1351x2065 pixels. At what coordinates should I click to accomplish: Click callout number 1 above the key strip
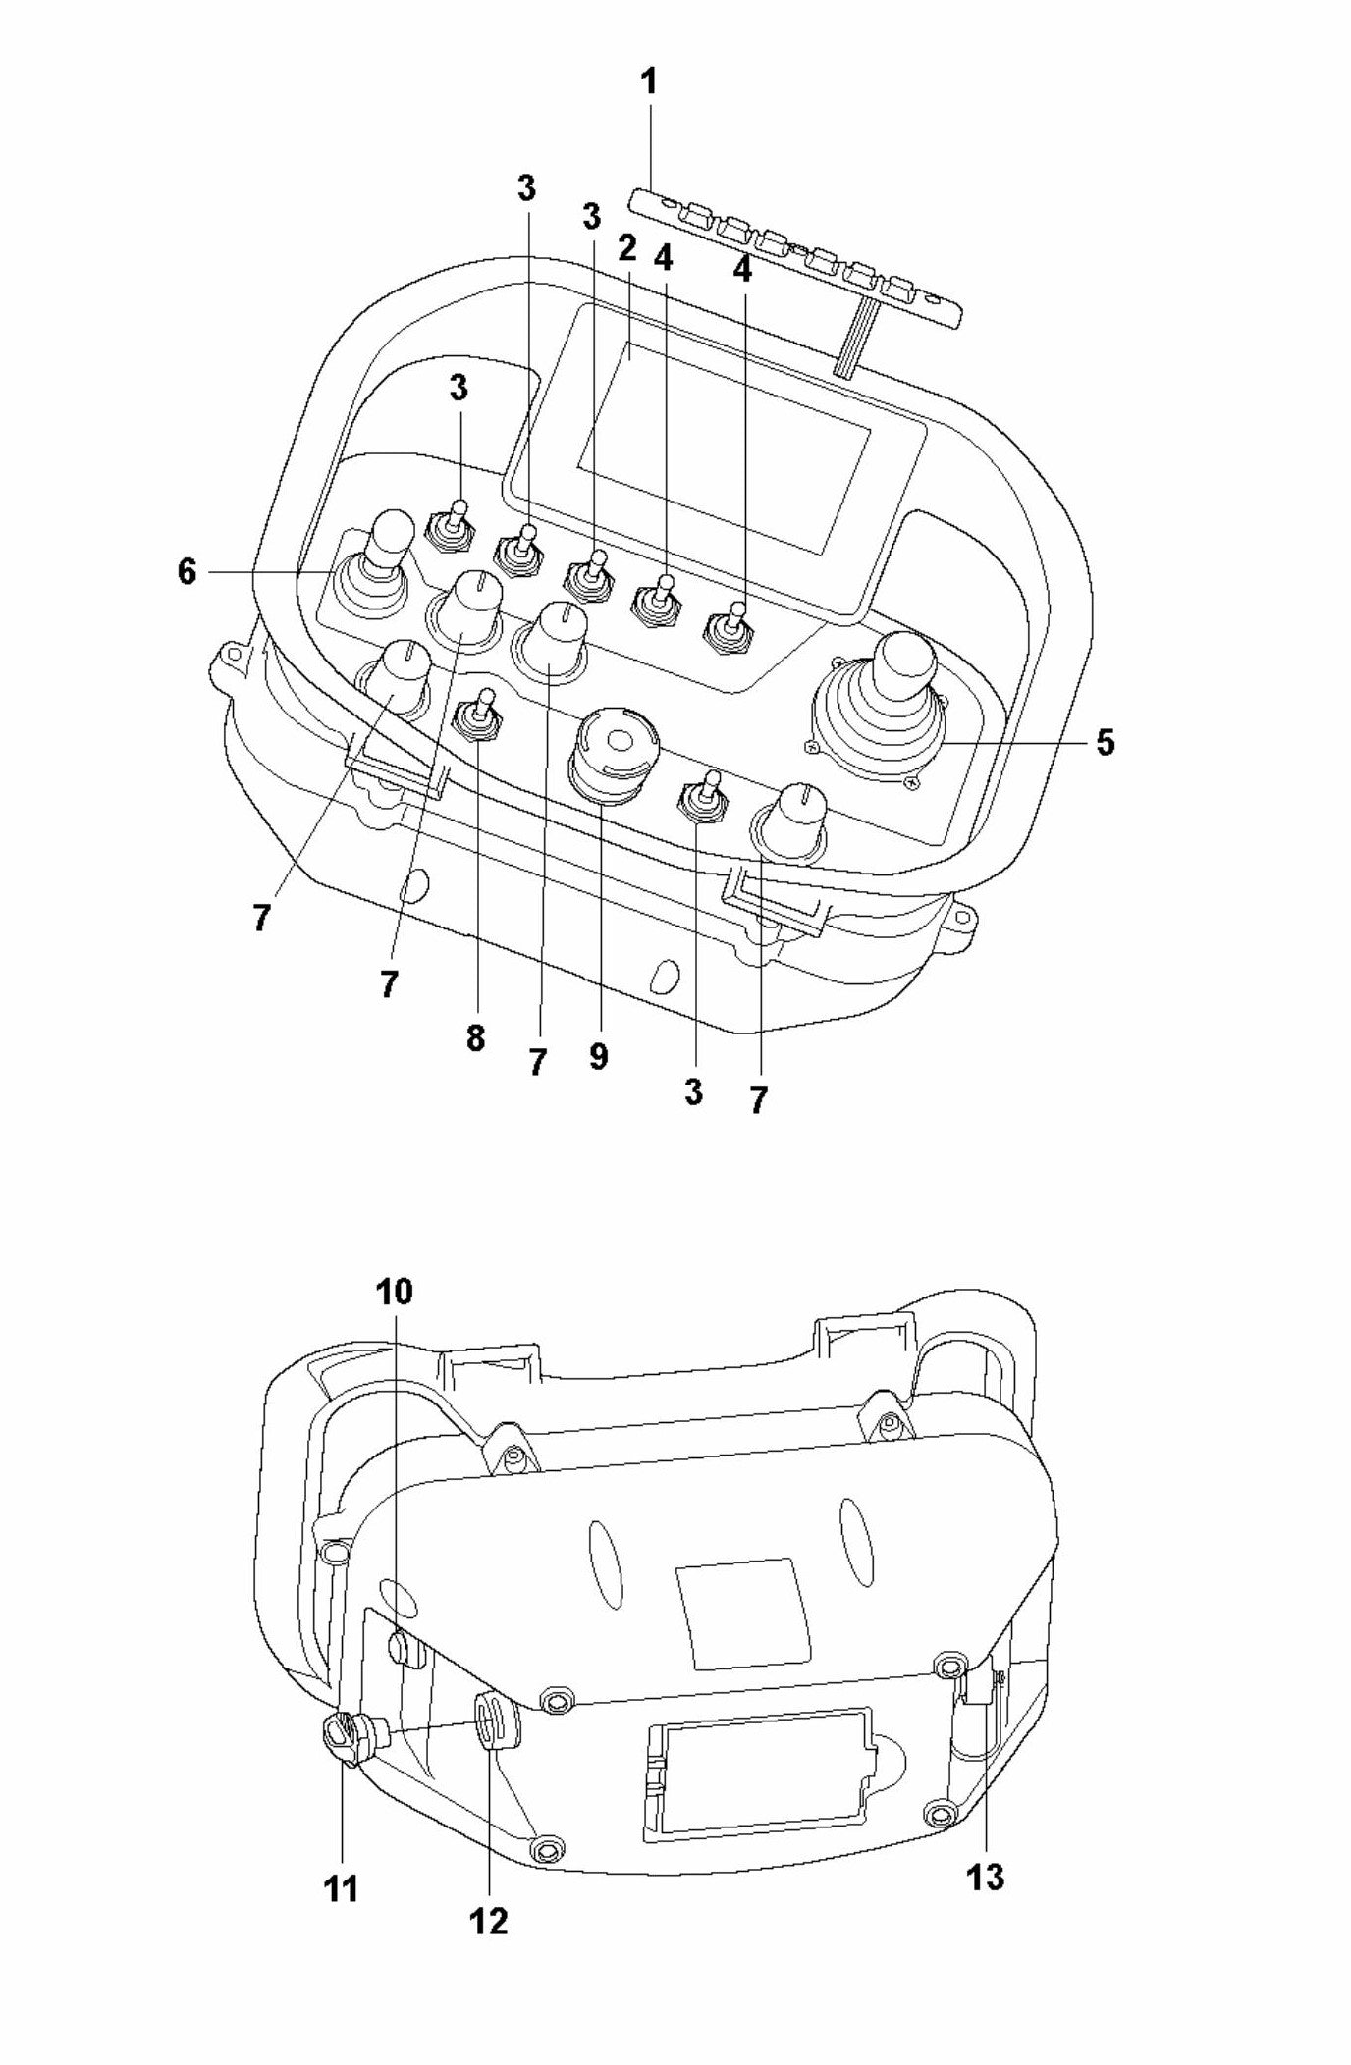click(x=648, y=81)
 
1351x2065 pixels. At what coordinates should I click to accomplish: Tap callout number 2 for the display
click(x=628, y=249)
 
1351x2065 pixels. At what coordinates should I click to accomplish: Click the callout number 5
click(x=1106, y=743)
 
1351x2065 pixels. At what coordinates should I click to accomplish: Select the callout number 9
click(x=598, y=1057)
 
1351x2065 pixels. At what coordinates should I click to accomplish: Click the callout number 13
click(x=985, y=1878)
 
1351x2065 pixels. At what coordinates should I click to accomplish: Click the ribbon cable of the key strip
click(x=851, y=339)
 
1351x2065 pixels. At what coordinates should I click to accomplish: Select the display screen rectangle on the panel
click(x=725, y=448)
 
